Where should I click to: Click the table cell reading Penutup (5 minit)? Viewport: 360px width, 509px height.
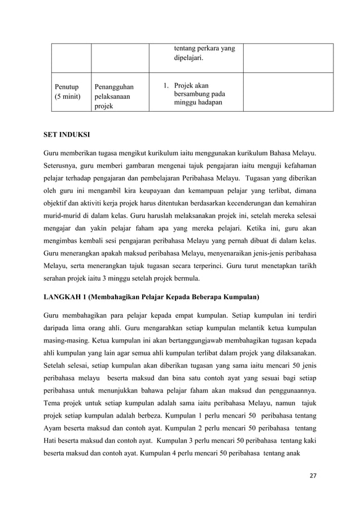point(67,92)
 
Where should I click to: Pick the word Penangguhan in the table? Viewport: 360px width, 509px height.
point(113,87)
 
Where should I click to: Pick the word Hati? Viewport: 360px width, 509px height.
point(52,440)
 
